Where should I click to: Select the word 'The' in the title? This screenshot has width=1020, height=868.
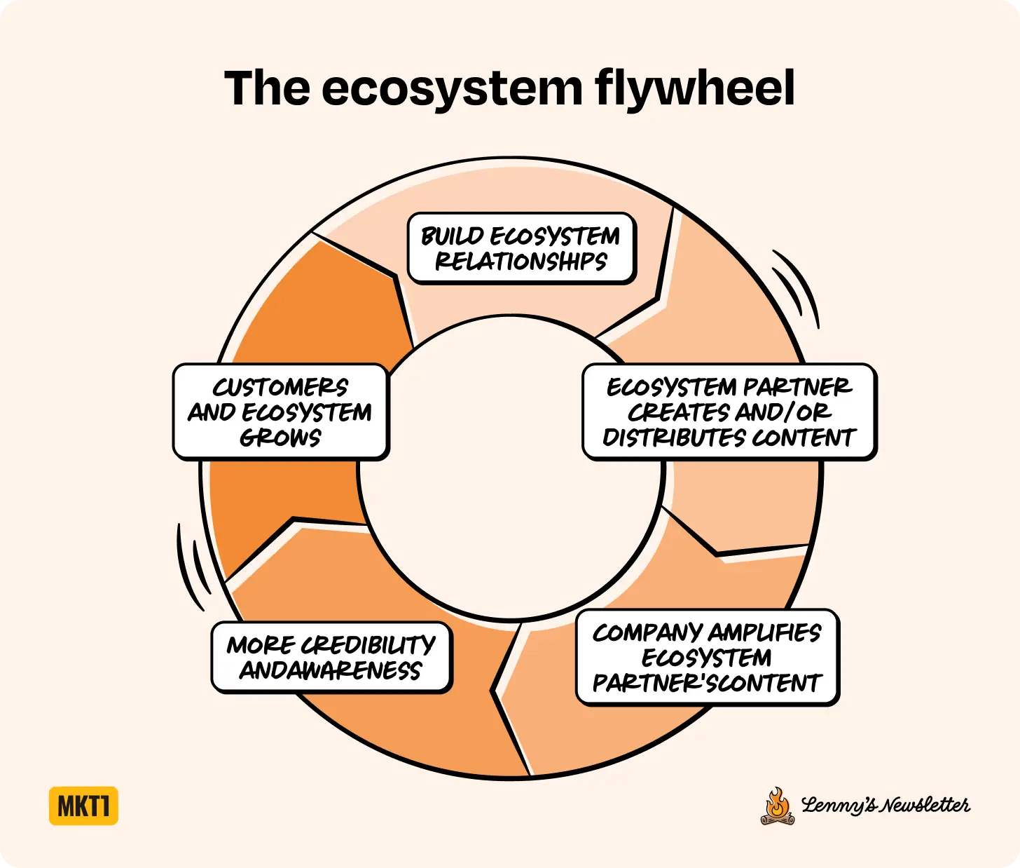click(x=267, y=89)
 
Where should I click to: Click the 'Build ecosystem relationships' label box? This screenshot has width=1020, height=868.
click(x=521, y=248)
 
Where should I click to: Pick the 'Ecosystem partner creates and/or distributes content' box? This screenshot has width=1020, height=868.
click(x=729, y=412)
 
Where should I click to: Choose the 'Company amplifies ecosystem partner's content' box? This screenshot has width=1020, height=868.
click(x=707, y=657)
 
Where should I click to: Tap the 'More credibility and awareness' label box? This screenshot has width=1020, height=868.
click(x=331, y=657)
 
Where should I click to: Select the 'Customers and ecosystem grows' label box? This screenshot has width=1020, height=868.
click(x=280, y=412)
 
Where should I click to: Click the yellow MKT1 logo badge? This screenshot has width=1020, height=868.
click(x=83, y=806)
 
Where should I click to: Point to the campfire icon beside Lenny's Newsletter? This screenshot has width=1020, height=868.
click(x=777, y=807)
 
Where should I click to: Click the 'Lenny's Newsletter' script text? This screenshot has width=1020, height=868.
click(x=885, y=806)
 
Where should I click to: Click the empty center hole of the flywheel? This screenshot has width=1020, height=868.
click(x=510, y=468)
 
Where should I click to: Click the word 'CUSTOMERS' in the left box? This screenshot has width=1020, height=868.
click(x=280, y=388)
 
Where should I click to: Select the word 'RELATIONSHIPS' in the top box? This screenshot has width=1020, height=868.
click(x=521, y=262)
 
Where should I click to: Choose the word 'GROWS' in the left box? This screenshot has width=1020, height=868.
click(x=280, y=438)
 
